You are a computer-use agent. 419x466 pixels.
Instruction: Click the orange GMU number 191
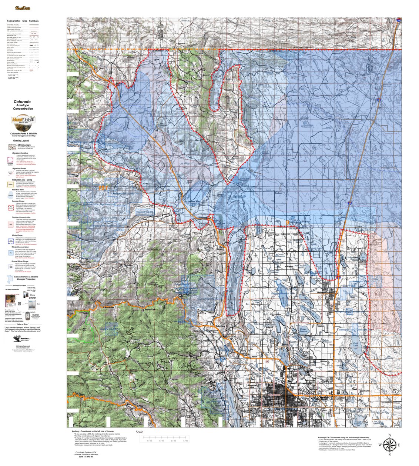104,188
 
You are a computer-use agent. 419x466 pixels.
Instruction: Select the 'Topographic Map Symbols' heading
23,21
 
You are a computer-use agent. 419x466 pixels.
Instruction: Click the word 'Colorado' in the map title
23,101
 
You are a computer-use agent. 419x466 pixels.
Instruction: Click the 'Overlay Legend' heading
21,141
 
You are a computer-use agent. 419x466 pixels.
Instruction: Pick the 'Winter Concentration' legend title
22,247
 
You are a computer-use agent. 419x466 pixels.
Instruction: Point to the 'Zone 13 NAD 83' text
86,457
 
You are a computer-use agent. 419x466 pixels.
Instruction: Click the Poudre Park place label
149,309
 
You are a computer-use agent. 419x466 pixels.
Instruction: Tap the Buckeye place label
278,193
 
